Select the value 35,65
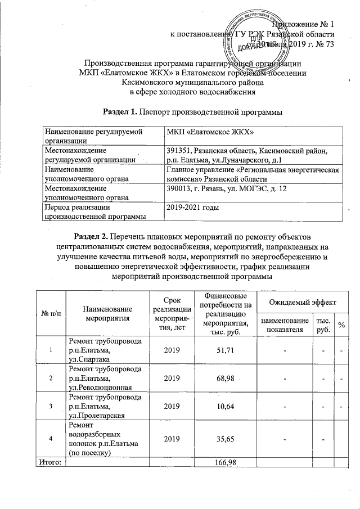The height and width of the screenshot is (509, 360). (x=224, y=437)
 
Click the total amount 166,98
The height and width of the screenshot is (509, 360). (x=224, y=462)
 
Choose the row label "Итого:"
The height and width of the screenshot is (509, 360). (x=51, y=462)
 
